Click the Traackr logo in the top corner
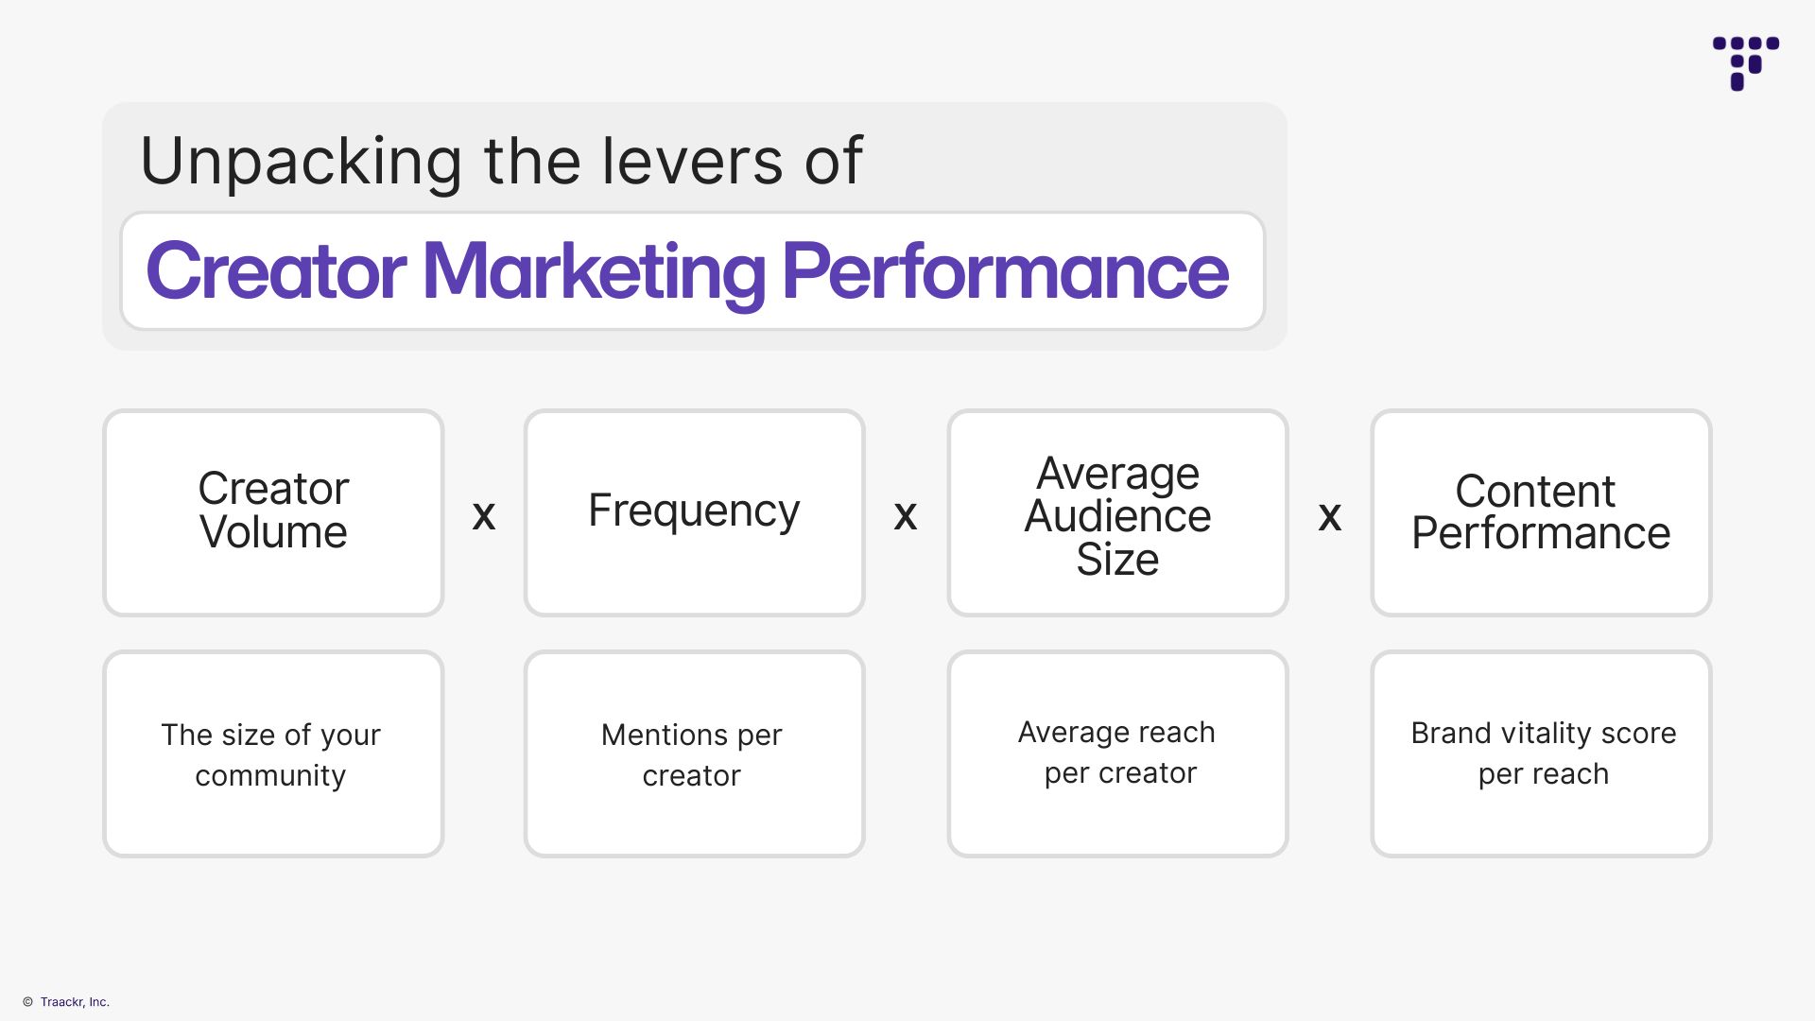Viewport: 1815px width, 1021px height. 1745,62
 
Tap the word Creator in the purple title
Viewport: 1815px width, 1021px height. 276,271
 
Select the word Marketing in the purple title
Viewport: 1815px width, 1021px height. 594,271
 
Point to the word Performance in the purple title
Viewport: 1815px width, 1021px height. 1005,271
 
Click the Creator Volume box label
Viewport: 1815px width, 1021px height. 273,510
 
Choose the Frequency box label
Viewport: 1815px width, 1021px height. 694,510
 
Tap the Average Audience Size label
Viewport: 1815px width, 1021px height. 1117,516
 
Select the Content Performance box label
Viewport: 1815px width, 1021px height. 1540,512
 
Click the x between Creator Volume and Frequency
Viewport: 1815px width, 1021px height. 484,515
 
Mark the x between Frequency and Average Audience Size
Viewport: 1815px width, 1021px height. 906,515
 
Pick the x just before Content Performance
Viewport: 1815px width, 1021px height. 1329,515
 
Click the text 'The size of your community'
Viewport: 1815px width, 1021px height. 271,754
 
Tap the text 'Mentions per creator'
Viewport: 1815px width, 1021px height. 692,754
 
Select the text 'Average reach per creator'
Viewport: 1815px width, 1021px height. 1117,753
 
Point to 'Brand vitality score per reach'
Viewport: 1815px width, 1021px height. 1543,753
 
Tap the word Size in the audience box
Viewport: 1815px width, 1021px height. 1117,560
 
